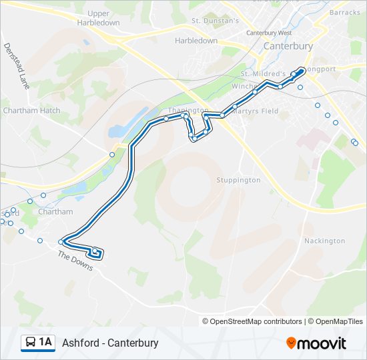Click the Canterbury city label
pyautogui.click(x=288, y=47)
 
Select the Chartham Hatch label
pyautogui.click(x=31, y=111)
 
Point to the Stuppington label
pyautogui.click(x=238, y=180)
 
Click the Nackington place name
pyautogui.click(x=324, y=241)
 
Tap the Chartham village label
pyautogui.click(x=55, y=212)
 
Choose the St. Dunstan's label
pyautogui.click(x=215, y=21)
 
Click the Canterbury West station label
pyautogui.click(x=269, y=33)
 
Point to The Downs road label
pyautogui.click(x=75, y=261)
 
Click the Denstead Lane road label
pyautogui.click(x=17, y=67)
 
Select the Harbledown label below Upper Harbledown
pyautogui.click(x=196, y=41)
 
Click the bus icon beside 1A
pyautogui.click(x=30, y=343)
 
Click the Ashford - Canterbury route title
pyautogui.click(x=110, y=343)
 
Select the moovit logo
pyautogui.click(x=316, y=343)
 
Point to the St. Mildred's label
pyautogui.click(x=264, y=73)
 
